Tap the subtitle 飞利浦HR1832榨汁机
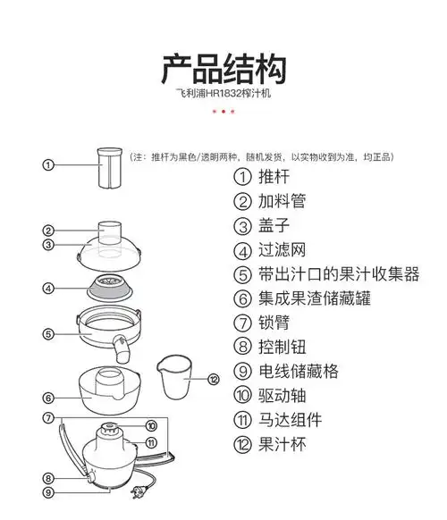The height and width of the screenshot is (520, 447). click(223, 93)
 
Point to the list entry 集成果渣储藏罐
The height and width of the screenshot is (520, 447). click(314, 298)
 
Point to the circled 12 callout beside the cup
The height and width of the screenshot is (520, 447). click(213, 379)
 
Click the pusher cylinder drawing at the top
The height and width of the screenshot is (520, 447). click(110, 168)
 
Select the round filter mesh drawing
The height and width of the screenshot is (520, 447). click(112, 289)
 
